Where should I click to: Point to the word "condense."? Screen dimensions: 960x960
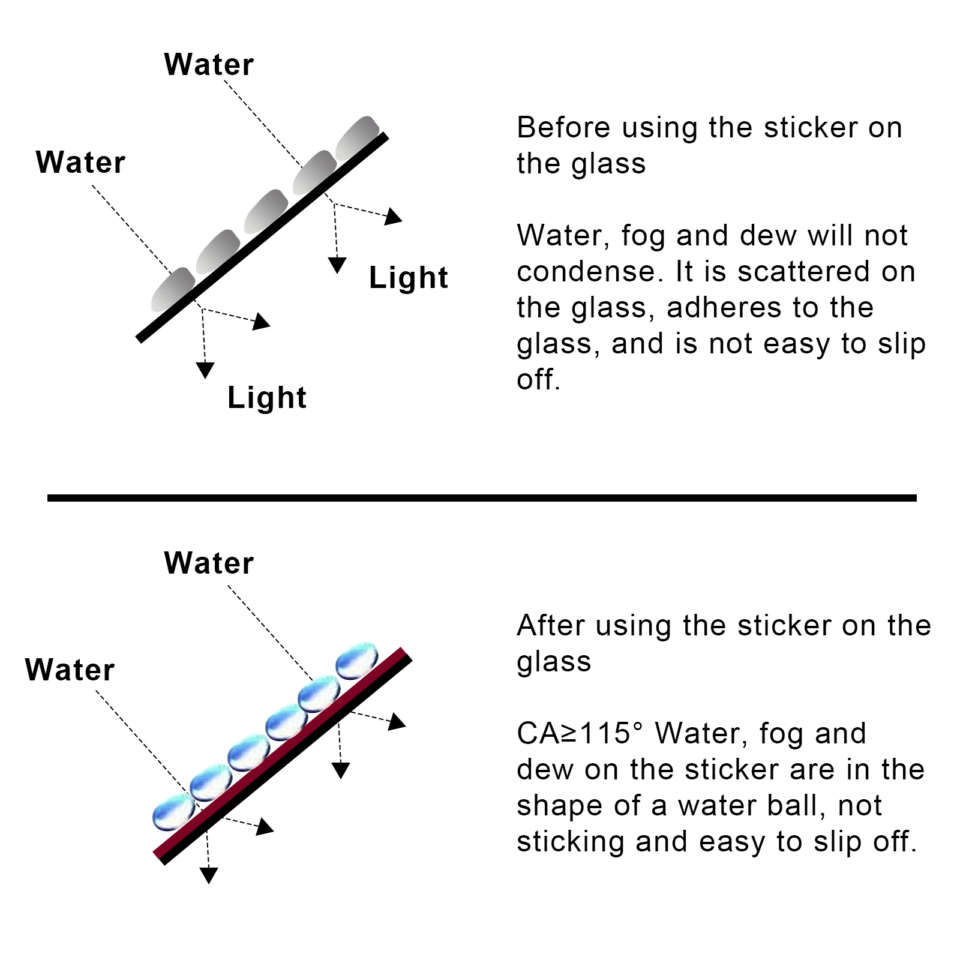[590, 272]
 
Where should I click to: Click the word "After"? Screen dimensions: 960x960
[550, 626]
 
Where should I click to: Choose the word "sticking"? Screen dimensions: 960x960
[571, 842]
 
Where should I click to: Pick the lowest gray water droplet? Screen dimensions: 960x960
[173, 289]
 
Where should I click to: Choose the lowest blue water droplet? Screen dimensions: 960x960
[173, 811]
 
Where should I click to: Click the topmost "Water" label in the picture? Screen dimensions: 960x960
[209, 64]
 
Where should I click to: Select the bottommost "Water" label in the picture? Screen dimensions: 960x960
[70, 670]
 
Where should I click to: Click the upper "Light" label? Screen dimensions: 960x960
[408, 278]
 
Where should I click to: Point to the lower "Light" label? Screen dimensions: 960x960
[267, 398]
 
